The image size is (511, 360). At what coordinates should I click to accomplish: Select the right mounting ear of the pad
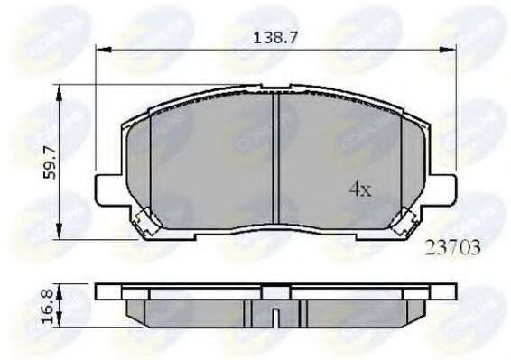(442, 189)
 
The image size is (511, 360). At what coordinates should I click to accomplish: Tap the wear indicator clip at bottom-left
(144, 219)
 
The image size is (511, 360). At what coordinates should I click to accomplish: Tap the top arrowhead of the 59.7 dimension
(60, 88)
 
